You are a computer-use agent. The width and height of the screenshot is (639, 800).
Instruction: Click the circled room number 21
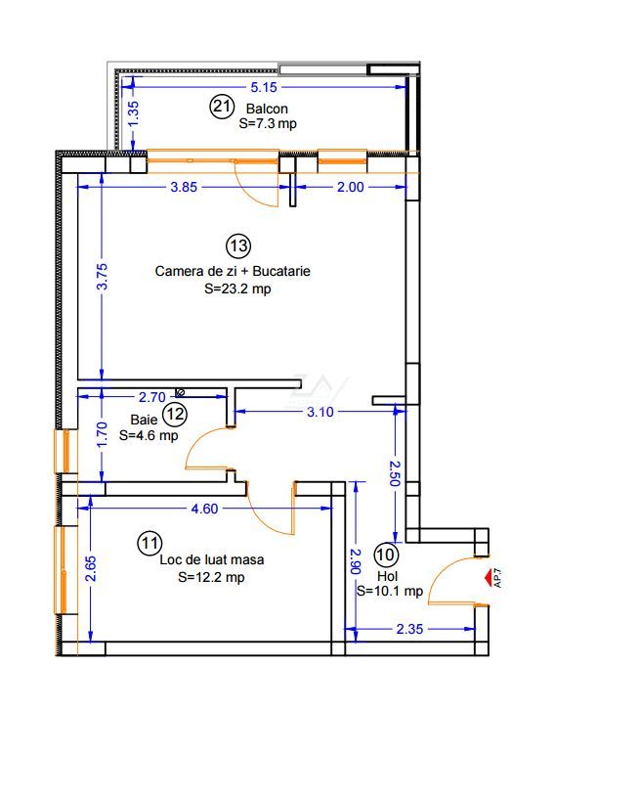[x=222, y=107]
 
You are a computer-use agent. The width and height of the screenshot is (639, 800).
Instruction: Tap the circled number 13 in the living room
[x=238, y=245]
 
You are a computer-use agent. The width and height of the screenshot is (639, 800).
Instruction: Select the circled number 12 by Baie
[x=175, y=414]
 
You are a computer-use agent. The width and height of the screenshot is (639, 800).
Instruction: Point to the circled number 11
[x=149, y=543]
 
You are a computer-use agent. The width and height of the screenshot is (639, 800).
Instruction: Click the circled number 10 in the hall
[x=386, y=555]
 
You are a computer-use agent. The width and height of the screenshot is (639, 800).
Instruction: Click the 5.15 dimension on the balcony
[x=264, y=87]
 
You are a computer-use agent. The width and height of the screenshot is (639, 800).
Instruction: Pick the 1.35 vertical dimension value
[x=133, y=114]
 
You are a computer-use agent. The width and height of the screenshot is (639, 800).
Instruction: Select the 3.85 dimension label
[x=184, y=187]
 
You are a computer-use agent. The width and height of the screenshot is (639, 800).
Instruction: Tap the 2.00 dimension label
[x=351, y=187]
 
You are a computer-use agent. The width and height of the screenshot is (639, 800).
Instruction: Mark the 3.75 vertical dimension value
[x=102, y=276]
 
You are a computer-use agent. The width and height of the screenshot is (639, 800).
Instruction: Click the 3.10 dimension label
[x=320, y=412]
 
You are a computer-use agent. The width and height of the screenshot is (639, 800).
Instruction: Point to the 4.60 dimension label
[x=204, y=509]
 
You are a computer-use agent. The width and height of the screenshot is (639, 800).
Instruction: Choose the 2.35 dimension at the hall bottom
[x=409, y=629]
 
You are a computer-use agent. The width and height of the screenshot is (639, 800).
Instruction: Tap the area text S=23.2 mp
[x=237, y=289]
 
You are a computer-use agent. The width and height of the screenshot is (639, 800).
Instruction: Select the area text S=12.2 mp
[x=211, y=577]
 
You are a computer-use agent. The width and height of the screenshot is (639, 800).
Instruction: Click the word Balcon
[x=267, y=109]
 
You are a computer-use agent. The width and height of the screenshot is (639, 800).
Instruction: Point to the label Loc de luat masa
[x=212, y=559]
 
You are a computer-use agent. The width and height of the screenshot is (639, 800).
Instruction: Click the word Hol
[x=387, y=577]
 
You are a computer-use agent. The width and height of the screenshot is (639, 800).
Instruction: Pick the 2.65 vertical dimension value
[x=90, y=569]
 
